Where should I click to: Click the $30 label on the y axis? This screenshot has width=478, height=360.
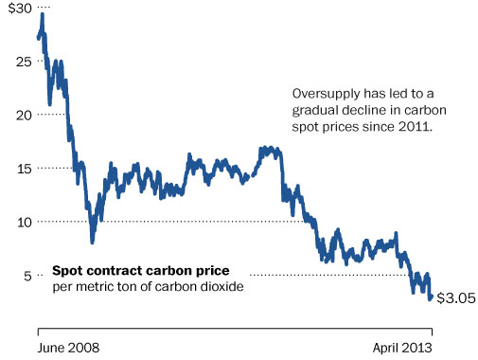[20, 9]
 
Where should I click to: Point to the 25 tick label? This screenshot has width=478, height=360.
[24, 62]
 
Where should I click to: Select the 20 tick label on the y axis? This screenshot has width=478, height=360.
[24, 116]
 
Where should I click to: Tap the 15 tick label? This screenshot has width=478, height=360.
[25, 169]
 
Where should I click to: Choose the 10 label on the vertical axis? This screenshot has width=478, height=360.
[25, 223]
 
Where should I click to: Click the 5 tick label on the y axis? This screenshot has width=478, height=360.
[27, 277]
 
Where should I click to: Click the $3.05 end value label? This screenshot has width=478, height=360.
[456, 298]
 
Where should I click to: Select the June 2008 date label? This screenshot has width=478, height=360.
[68, 348]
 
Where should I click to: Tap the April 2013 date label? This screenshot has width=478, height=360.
[402, 348]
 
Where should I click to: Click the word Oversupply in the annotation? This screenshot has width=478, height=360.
[326, 94]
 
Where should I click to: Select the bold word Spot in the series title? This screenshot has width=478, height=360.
[65, 271]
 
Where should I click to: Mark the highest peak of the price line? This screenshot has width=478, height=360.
[43, 14]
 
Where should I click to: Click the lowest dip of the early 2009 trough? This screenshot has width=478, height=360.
[92, 243]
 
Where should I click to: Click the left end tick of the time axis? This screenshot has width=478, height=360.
[38, 332]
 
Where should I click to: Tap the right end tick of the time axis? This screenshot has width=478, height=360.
[432, 332]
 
